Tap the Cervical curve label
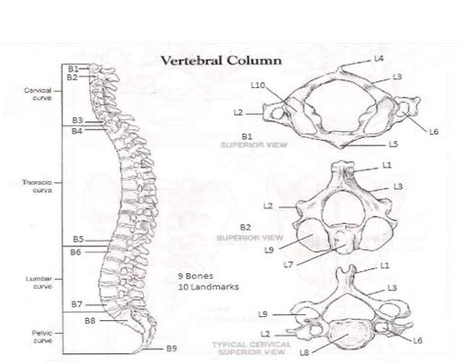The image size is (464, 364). [x=37, y=93]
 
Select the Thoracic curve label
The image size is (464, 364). [x=36, y=186]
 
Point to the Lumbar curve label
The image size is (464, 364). [x=37, y=282]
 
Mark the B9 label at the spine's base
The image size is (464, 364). [x=170, y=348]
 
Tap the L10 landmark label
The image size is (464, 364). [x=258, y=86]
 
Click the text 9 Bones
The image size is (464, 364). [x=196, y=275]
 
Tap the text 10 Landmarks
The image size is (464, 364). [x=204, y=287]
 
